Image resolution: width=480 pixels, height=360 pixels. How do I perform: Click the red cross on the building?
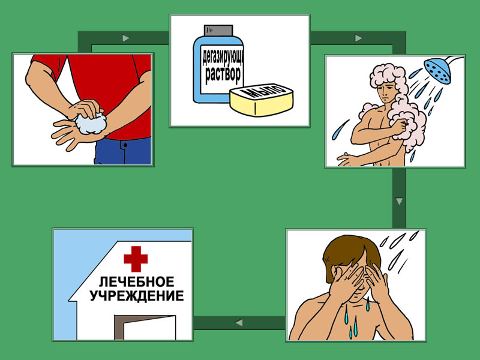[x=136, y=259]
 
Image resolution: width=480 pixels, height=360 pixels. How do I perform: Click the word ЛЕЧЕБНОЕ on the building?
[x=137, y=281]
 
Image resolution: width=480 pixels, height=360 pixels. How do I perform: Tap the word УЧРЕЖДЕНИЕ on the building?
[x=137, y=296]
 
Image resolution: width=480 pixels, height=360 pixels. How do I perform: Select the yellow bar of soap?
[x=262, y=100]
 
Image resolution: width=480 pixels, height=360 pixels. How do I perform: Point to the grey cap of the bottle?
[x=218, y=30]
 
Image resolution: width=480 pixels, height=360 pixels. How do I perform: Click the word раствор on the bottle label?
[x=223, y=74]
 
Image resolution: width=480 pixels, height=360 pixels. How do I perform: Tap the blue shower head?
[x=437, y=71]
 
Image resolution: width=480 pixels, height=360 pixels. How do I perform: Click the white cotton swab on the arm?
[x=91, y=123]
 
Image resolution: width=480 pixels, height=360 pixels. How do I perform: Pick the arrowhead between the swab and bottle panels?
[x=126, y=38]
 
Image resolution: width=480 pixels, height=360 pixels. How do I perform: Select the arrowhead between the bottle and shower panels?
[x=358, y=38]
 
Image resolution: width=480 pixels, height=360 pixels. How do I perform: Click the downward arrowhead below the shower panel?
[x=399, y=201]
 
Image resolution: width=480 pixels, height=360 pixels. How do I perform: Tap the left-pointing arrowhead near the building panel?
[x=239, y=322]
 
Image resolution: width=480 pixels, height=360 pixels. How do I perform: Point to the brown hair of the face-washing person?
[x=349, y=251]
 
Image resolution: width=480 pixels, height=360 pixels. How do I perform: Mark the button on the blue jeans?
[x=125, y=145]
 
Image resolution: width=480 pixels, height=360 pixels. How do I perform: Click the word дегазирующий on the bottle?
[x=223, y=58]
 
